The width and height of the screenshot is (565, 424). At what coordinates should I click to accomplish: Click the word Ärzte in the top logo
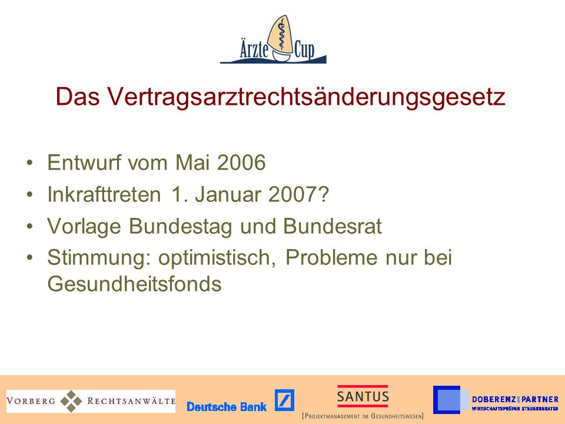[254, 48]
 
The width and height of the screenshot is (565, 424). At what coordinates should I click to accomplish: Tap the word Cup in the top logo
[304, 49]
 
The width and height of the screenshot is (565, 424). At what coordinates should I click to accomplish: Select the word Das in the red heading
[78, 97]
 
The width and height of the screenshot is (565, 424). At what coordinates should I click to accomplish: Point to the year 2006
[241, 163]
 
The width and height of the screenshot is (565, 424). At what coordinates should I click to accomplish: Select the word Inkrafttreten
[104, 194]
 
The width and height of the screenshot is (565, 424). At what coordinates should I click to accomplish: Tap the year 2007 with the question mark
[298, 194]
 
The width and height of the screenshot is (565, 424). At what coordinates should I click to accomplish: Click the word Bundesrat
[332, 226]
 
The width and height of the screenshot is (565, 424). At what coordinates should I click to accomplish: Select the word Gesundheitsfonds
[134, 284]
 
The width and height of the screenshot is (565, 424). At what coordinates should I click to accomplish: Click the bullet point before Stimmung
[29, 257]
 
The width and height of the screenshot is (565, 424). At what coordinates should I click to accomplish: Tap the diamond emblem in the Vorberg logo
[71, 401]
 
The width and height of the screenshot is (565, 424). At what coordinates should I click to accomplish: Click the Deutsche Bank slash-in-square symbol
[284, 400]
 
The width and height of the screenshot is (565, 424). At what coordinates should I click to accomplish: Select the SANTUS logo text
[363, 396]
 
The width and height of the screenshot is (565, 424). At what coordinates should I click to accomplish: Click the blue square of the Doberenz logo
[447, 399]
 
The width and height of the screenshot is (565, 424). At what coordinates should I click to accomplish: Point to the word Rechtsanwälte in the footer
[131, 401]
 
